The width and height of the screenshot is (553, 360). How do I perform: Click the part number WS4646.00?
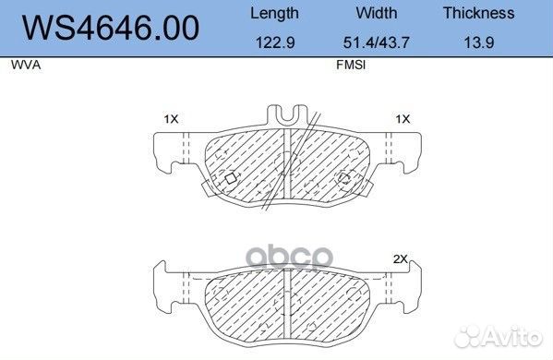pyautogui.click(x=111, y=28)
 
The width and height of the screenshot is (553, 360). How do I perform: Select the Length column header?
pyautogui.click(x=274, y=14)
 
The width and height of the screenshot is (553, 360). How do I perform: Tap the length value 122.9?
pyautogui.click(x=275, y=42)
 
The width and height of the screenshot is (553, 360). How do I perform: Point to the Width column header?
pyautogui.click(x=377, y=13)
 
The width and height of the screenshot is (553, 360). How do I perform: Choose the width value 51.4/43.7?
pyautogui.click(x=377, y=42)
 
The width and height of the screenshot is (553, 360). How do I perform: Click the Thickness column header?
pyautogui.click(x=478, y=13)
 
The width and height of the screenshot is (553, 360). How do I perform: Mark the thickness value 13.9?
pyautogui.click(x=478, y=42)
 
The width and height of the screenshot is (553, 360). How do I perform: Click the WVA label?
pyautogui.click(x=26, y=65)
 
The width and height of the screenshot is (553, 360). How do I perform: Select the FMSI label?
pyautogui.click(x=351, y=65)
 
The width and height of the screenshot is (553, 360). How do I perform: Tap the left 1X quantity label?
pyautogui.click(x=172, y=119)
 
